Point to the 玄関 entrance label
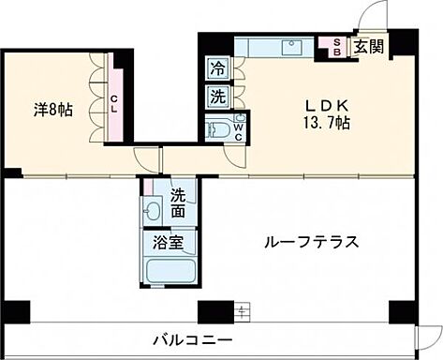click(x=366, y=48)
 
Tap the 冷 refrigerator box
click(x=217, y=68)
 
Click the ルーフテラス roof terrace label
click(x=310, y=242)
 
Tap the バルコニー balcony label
click(x=194, y=338)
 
